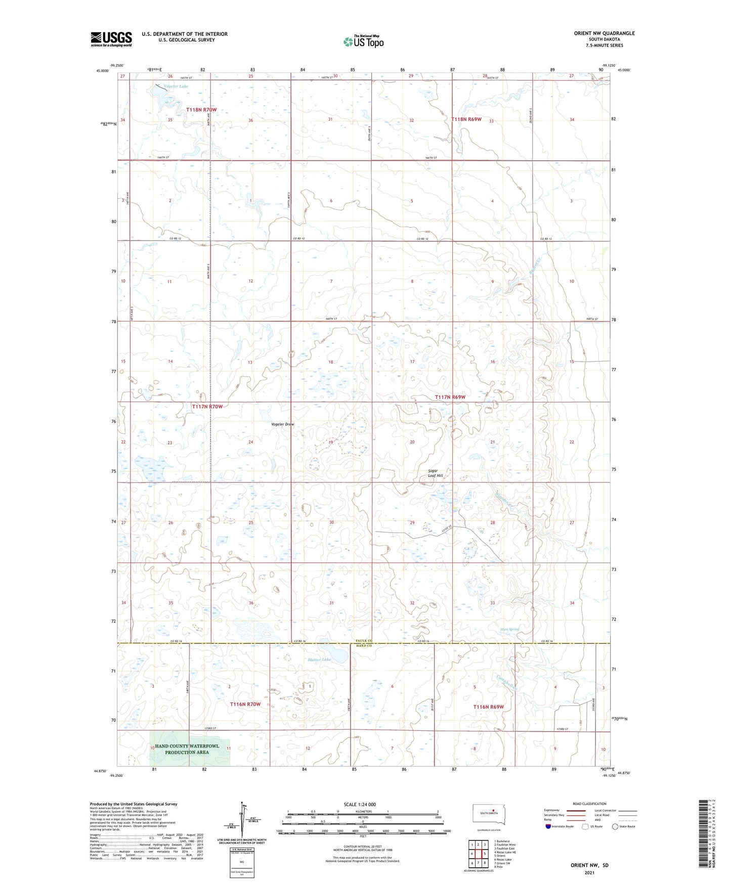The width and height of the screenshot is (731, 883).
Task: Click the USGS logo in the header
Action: [111, 39]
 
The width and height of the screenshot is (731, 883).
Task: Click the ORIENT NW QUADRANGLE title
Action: [604, 33]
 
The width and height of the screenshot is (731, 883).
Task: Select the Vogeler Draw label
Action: [282, 424]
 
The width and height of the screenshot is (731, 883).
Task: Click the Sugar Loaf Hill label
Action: [435, 473]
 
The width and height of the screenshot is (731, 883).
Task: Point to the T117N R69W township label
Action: [450, 398]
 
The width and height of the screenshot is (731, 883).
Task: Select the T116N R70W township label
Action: [245, 704]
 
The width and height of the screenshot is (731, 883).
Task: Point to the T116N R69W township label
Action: [488, 707]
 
